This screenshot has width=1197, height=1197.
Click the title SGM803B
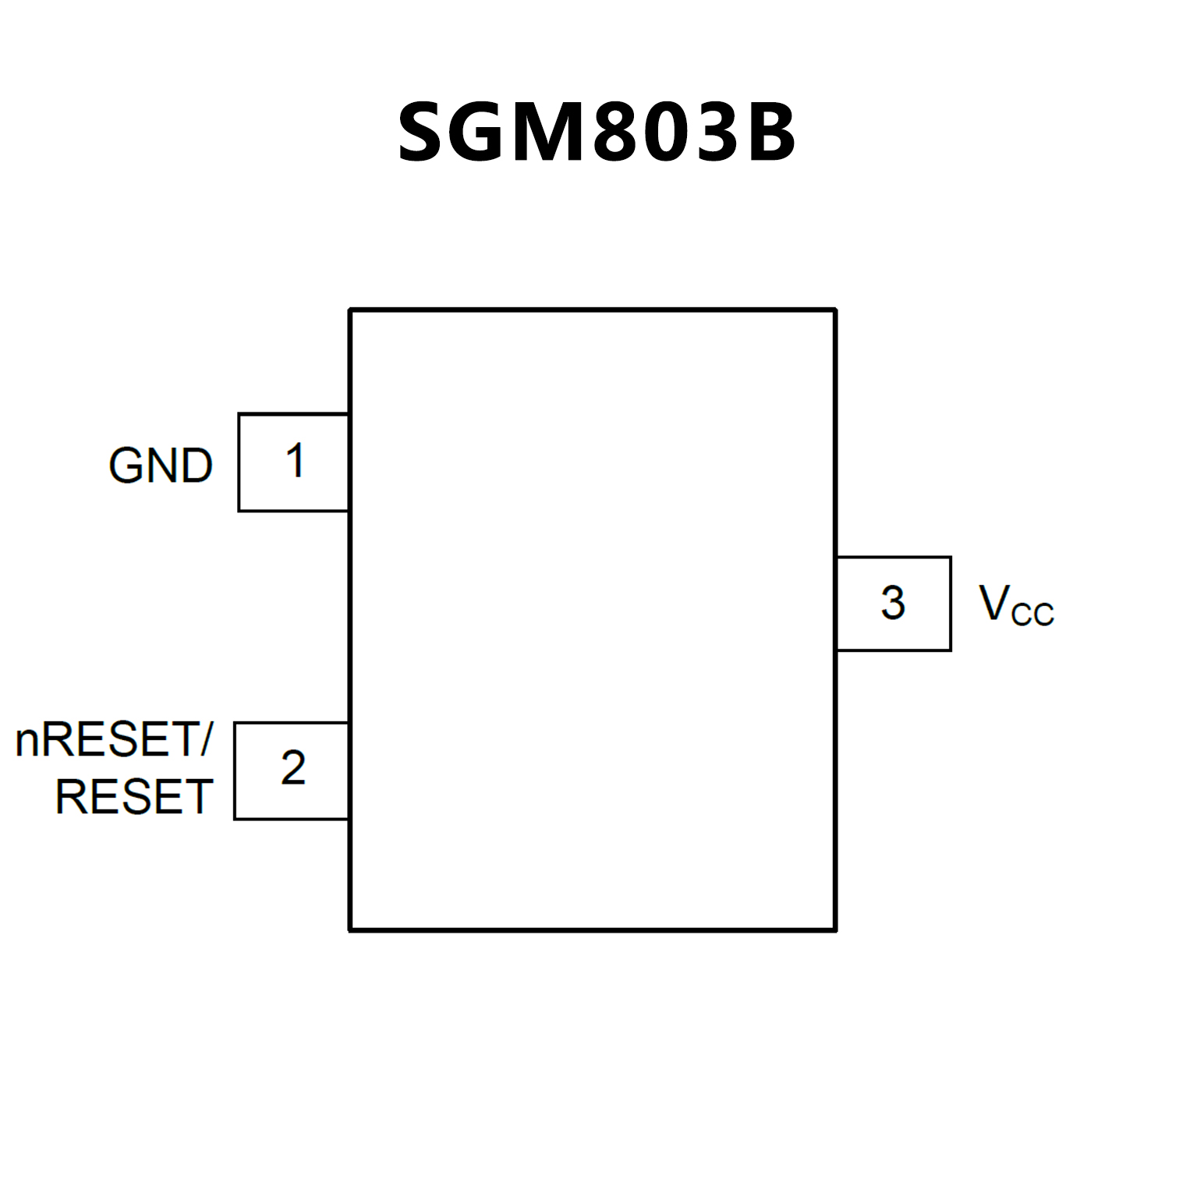[597, 133]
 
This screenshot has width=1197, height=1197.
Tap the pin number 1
[295, 461]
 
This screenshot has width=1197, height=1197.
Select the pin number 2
[293, 768]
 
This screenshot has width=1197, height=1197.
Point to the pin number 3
[893, 603]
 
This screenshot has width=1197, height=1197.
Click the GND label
[161, 466]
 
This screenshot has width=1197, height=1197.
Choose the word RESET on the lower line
[134, 797]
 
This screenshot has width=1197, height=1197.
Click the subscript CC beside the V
[1032, 614]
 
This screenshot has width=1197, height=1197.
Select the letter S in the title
[427, 133]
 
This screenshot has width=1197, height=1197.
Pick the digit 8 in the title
[622, 133]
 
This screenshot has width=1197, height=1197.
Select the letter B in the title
[770, 133]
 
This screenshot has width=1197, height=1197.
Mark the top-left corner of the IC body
[350, 310]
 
